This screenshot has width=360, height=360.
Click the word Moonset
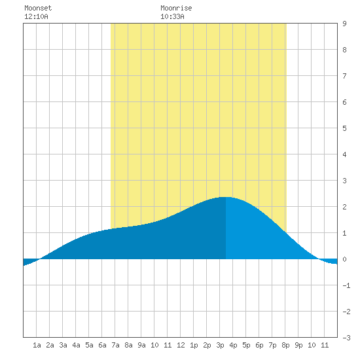[38, 8]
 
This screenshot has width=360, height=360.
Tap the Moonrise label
[176, 8]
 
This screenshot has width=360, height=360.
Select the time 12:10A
[36, 16]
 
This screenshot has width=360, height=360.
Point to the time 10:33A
[172, 16]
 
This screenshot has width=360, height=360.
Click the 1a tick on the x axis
[37, 345]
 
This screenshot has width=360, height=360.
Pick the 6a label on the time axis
[102, 345]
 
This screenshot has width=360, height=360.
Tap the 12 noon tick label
[181, 345]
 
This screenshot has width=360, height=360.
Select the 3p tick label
[220, 345]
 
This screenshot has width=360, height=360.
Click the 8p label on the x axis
[285, 345]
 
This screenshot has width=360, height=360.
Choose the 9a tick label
[141, 345]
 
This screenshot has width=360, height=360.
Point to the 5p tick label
[246, 345]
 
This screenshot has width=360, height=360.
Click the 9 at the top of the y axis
[344, 24]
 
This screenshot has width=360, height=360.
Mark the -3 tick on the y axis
[346, 338]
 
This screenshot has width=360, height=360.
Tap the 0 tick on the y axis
[344, 259]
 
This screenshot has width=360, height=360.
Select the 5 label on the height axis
[344, 128]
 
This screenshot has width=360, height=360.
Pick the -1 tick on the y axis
[346, 285]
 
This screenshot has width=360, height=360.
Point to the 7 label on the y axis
[344, 76]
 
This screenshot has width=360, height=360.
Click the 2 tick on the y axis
[344, 207]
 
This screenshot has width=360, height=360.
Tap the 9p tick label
[298, 345]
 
